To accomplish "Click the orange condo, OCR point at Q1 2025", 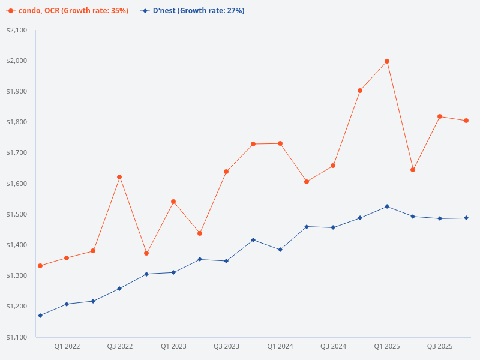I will pos(387,61).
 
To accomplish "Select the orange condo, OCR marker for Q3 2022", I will pos(119,177).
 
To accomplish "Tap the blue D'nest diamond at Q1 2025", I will pos(387,206).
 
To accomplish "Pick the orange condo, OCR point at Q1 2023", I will pos(173,202).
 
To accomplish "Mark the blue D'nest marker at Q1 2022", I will pos(67,304).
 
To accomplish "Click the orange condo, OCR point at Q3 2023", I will pos(226,172).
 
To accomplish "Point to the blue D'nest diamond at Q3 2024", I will pos(333,227).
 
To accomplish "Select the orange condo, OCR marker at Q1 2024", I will pos(280,143).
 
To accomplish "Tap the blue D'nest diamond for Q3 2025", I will pos(440,218).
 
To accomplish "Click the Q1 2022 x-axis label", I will pos(67,346).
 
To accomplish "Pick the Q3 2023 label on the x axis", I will pos(226,346).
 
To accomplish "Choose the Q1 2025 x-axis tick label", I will pos(387,346).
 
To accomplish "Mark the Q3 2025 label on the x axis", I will pos(440,346).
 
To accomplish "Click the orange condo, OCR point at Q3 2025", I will pos(440,116).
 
